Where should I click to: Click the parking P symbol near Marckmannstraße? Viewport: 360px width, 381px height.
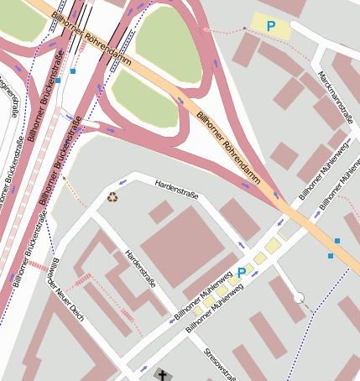pyautogui.click(x=270, y=27)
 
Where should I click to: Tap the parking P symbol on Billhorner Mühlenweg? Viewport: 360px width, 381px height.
pyautogui.click(x=242, y=273)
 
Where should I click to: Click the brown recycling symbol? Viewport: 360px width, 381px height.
pyautogui.click(x=112, y=197)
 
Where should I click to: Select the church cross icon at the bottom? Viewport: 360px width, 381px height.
pyautogui.click(x=161, y=373)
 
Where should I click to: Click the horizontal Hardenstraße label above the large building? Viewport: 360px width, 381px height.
pyautogui.click(x=176, y=189)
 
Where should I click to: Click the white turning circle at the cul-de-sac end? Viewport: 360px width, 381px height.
pyautogui.click(x=299, y=297)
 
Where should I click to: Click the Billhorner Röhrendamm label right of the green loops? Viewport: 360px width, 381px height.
pyautogui.click(x=227, y=139)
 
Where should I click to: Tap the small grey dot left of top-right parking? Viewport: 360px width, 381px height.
pyautogui.click(x=244, y=28)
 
